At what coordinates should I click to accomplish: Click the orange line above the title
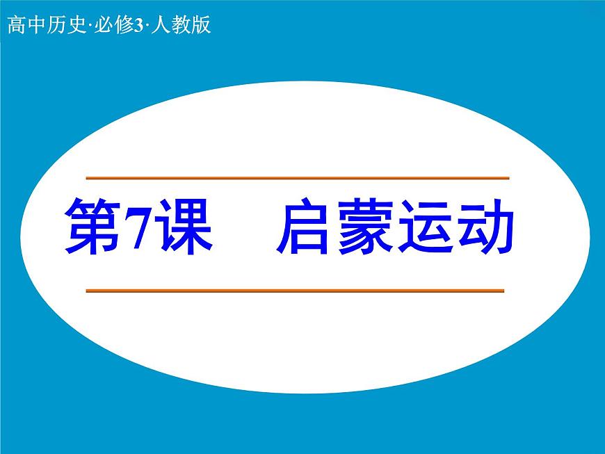297,179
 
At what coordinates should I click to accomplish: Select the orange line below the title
295,291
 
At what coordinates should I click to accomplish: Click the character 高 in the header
15,27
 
